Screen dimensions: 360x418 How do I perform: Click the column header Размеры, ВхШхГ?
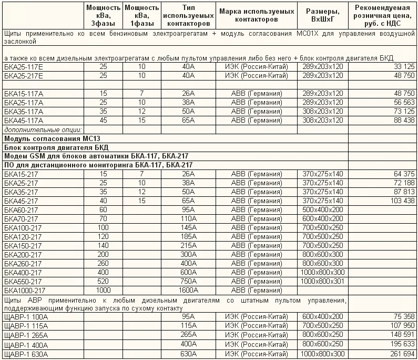coord(322,15)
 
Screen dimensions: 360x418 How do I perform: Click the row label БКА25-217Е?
coord(24,76)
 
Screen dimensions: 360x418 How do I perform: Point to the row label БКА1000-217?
coord(25,291)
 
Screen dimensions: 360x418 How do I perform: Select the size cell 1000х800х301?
coord(322,281)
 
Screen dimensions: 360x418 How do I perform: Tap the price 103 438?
coord(401,201)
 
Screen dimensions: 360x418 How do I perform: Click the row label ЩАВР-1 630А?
coord(26,354)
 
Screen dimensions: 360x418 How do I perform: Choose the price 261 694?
coord(401,354)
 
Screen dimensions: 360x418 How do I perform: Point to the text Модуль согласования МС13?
coord(41,138)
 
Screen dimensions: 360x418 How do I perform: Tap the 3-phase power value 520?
coord(103,281)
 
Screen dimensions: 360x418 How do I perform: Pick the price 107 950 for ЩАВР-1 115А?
coord(401,326)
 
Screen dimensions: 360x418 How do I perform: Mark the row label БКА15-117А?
coord(24,94)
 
